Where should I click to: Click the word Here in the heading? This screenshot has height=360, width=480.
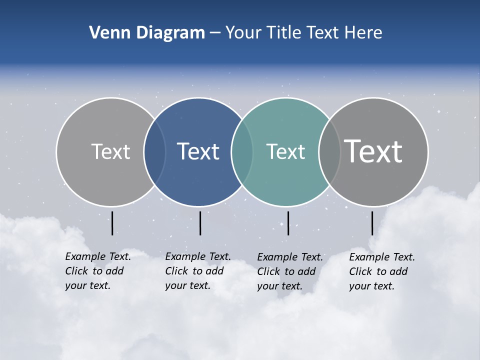363,33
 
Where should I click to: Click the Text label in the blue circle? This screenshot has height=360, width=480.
198,151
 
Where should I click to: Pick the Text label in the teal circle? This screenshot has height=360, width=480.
285,151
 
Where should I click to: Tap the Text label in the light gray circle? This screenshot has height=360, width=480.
110,151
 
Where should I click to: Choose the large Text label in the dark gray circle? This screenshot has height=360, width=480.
373,151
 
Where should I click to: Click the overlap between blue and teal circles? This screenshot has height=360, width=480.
242,152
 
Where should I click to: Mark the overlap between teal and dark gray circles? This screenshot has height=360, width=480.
329,152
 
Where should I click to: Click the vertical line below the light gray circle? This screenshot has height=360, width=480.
112,223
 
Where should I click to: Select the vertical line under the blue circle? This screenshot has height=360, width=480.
200,223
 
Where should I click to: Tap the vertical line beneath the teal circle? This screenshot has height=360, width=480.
288,223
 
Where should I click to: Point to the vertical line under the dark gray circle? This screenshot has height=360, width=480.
372,223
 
